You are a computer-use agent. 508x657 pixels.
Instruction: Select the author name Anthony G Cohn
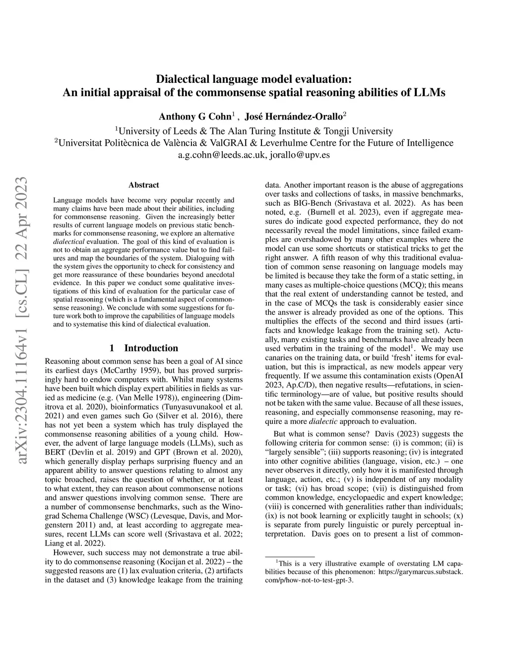[x=195, y=117]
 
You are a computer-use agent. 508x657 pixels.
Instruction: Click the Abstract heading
[x=143, y=185]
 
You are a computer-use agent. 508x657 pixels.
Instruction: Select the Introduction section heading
[x=151, y=348]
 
